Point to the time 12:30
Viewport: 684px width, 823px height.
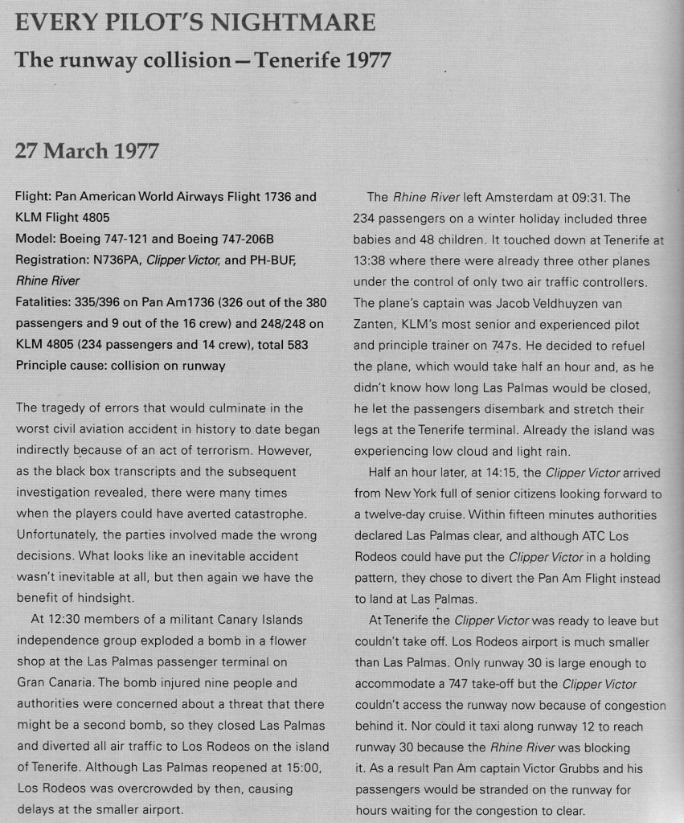click(65, 619)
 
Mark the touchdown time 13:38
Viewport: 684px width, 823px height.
click(370, 260)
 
